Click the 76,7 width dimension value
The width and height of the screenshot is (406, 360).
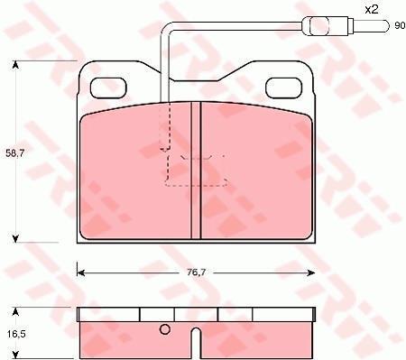[196, 272]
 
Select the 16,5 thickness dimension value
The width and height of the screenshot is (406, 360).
[15, 334]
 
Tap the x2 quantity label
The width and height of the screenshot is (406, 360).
[372, 10]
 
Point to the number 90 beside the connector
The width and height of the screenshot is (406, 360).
[400, 26]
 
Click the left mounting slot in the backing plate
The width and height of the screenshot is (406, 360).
[108, 88]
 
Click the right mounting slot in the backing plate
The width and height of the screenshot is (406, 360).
[283, 88]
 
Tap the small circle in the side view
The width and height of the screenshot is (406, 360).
[164, 329]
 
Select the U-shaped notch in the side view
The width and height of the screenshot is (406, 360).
[196, 343]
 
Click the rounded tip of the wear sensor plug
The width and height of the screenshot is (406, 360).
[387, 26]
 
